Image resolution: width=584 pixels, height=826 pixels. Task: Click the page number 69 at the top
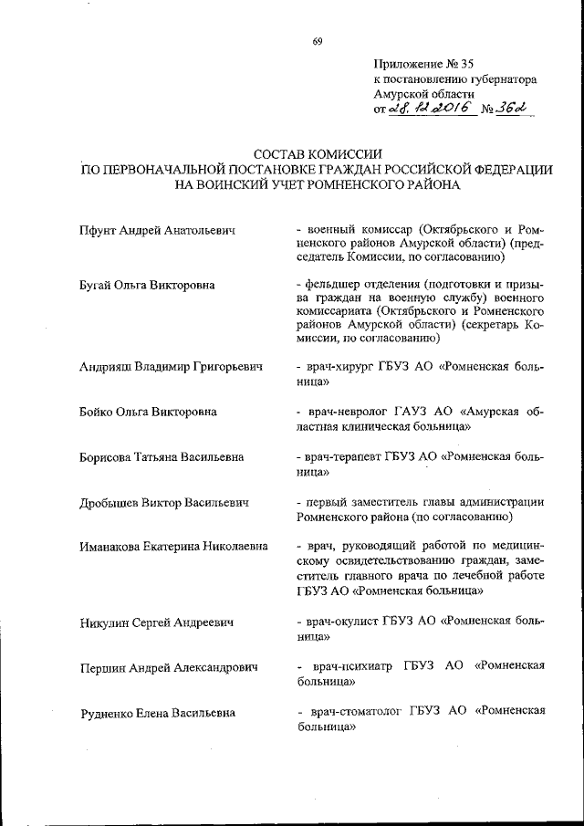point(317,41)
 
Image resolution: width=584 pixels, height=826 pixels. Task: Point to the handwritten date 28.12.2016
point(430,108)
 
